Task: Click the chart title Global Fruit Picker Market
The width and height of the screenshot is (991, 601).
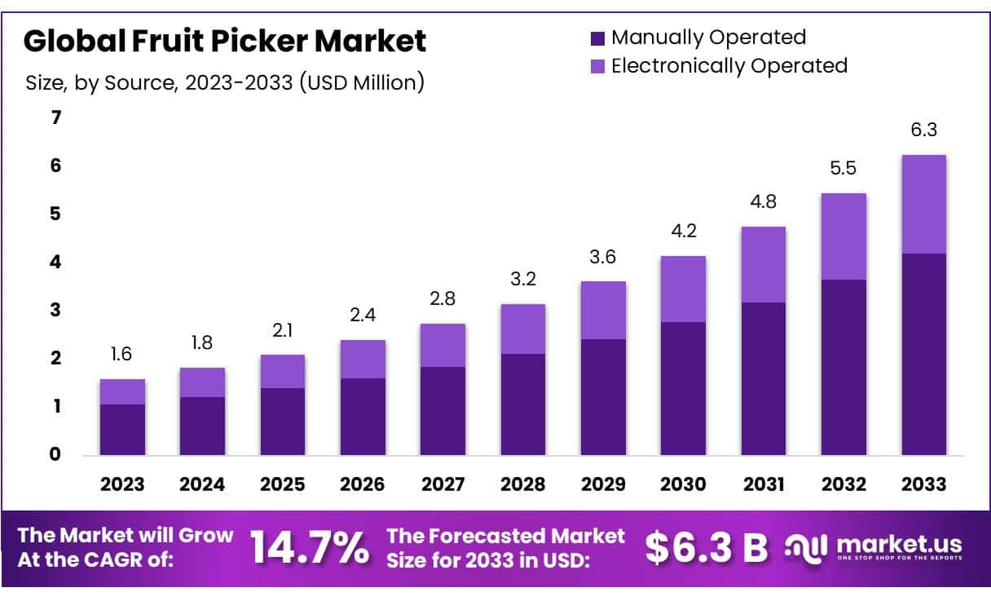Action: pyautogui.click(x=224, y=41)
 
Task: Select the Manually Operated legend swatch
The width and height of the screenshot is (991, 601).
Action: pyautogui.click(x=597, y=38)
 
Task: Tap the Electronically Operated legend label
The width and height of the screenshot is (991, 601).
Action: pyautogui.click(x=729, y=65)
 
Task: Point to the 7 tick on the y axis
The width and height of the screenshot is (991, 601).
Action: pyautogui.click(x=55, y=117)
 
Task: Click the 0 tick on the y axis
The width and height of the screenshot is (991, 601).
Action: pyautogui.click(x=55, y=454)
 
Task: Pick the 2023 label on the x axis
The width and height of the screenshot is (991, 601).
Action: pyautogui.click(x=122, y=484)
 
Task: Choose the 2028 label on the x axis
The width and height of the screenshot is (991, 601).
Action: pyautogui.click(x=522, y=484)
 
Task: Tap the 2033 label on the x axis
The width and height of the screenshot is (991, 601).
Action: pyautogui.click(x=923, y=484)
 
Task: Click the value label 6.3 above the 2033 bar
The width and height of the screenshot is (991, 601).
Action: pyautogui.click(x=923, y=130)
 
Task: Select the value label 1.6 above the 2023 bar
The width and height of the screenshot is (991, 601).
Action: pyautogui.click(x=121, y=354)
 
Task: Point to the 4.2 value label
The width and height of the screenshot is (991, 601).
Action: pyautogui.click(x=683, y=231)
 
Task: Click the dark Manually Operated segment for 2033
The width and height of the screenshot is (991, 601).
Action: pyautogui.click(x=923, y=354)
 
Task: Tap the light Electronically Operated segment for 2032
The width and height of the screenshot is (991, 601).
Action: pyautogui.click(x=843, y=236)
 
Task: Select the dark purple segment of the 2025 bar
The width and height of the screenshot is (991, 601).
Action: pyautogui.click(x=282, y=421)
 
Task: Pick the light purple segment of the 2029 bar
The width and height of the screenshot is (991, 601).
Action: pyautogui.click(x=603, y=310)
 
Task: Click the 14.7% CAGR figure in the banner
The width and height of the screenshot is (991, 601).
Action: pyautogui.click(x=309, y=547)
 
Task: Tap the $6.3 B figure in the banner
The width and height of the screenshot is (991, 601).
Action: pyautogui.click(x=706, y=547)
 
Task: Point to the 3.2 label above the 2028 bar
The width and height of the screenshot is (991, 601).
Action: pyautogui.click(x=522, y=279)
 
